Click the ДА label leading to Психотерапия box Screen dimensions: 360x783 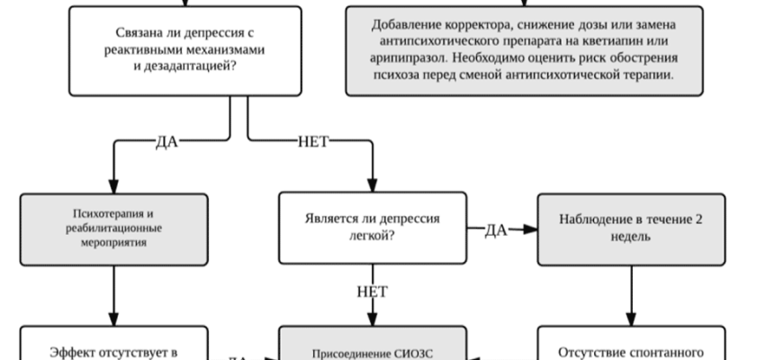[x=166, y=142]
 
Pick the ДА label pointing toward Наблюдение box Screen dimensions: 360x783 [x=496, y=229]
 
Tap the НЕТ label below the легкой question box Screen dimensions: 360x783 [x=372, y=292]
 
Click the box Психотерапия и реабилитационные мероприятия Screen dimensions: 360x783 [x=114, y=229]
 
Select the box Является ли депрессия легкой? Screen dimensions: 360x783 [x=373, y=229]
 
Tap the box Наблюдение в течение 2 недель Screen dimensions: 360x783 [x=630, y=229]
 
